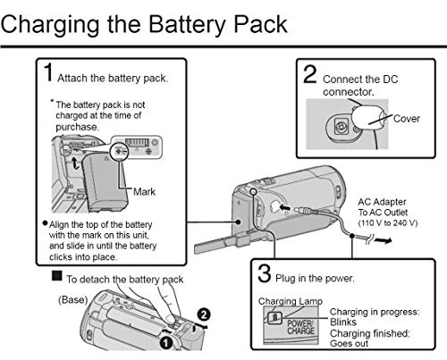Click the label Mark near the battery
(144, 192)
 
